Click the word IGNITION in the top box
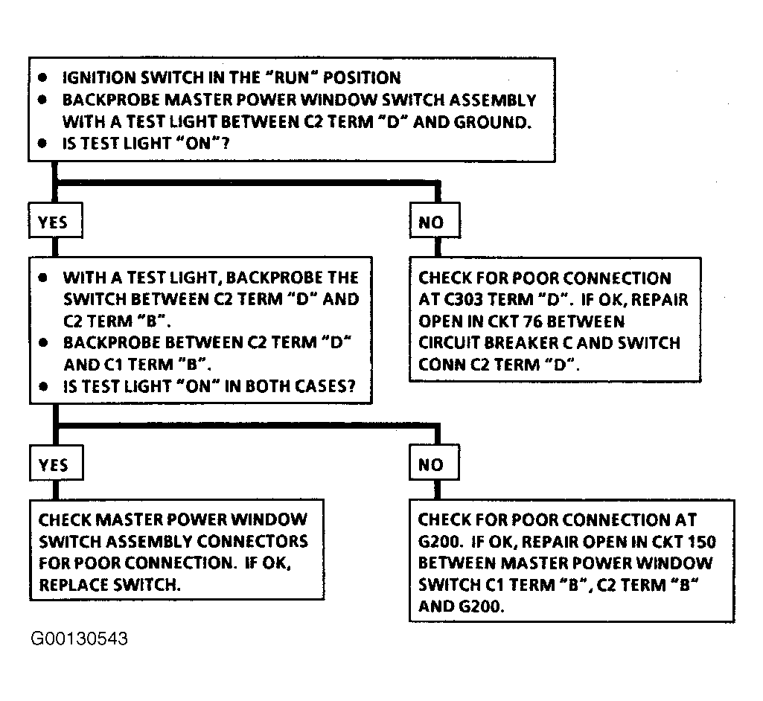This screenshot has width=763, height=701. pos(99,77)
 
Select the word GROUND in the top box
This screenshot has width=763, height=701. pos(493,121)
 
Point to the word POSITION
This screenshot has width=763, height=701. pos(362,77)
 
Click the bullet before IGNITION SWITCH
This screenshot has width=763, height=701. pos(43,77)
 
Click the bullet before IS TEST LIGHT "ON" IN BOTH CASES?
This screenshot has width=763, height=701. pos(43,387)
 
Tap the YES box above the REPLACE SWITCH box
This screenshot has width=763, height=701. pos(56,463)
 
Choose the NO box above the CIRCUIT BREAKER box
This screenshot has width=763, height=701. pos(435,220)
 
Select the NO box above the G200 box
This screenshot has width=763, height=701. pos(434,462)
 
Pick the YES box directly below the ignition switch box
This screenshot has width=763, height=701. pos(56,220)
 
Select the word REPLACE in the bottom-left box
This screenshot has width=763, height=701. pos(74,584)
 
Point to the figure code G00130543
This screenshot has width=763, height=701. pos(80,638)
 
